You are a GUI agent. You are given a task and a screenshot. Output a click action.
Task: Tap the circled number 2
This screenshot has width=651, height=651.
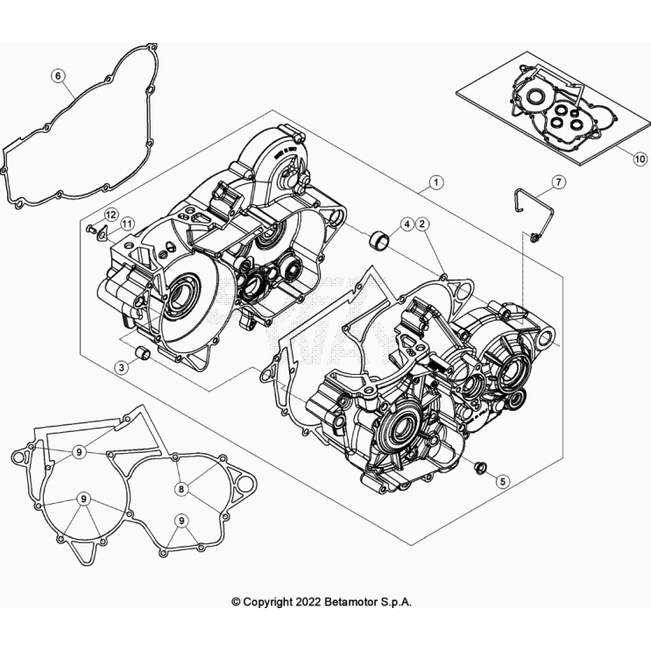[422, 225]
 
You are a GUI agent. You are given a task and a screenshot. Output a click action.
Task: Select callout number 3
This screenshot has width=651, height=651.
[123, 368]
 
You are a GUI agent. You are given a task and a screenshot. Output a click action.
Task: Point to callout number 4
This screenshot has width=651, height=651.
[407, 225]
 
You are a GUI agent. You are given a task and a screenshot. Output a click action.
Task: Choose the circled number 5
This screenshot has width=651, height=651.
[502, 480]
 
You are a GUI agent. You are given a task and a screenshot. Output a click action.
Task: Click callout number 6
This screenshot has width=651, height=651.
[59, 76]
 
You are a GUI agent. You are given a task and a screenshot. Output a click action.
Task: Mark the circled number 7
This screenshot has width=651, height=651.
[557, 182]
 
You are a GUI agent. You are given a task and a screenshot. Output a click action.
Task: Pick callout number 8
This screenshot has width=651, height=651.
[182, 489]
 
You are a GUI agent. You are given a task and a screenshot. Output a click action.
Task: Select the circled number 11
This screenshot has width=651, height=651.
[127, 225]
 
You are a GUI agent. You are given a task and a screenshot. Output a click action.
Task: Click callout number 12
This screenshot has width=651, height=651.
[111, 215]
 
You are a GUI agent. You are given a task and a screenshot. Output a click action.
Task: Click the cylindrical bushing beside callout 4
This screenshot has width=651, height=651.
[381, 237]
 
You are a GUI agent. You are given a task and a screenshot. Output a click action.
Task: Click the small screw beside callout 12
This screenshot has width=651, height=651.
[91, 230]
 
